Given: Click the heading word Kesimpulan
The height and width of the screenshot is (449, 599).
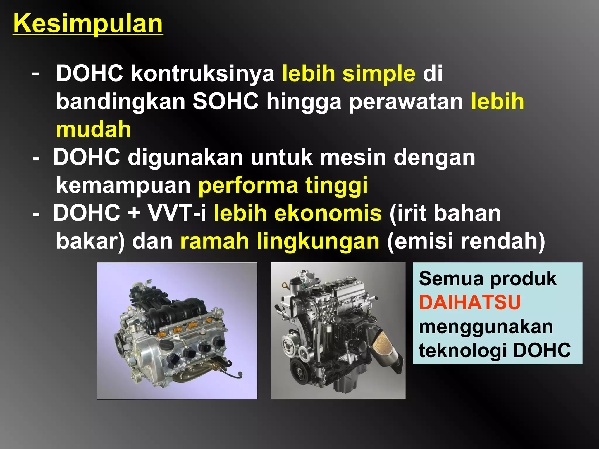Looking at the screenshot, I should (88, 24).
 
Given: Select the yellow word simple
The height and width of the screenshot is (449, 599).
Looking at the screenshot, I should (379, 74).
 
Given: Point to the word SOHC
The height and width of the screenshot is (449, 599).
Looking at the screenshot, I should (226, 101).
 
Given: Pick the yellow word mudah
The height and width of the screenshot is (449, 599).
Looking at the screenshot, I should (93, 129).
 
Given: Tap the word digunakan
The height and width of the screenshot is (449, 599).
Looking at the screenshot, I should (185, 158).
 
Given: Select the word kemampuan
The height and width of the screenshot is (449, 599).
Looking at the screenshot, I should (123, 185).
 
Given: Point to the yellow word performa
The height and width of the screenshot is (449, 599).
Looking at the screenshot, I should (248, 185).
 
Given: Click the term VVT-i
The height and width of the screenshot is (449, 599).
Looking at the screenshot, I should (177, 213).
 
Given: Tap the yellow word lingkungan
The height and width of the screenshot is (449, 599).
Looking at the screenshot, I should (318, 241).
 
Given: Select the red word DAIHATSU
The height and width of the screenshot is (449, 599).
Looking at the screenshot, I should (470, 302).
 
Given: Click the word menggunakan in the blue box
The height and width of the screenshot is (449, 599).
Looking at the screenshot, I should (486, 327).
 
